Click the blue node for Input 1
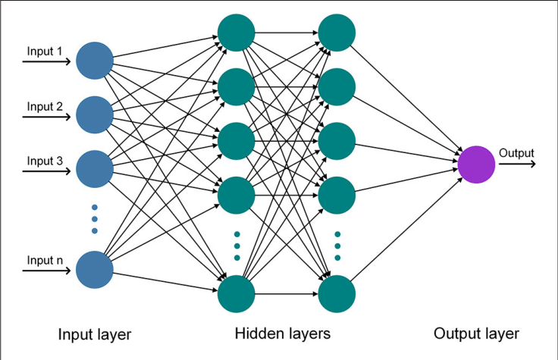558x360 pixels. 95,61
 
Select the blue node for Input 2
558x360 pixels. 95,115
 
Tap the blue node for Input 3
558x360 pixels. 95,169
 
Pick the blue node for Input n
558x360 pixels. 95,270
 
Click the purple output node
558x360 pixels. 476,164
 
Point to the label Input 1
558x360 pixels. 45,52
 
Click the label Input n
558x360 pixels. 45,260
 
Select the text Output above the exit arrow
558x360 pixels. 516,153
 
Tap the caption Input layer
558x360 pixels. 95,335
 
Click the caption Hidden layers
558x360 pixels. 283,333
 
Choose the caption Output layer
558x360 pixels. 476,334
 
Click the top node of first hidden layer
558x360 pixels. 237,33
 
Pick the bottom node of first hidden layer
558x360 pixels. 237,294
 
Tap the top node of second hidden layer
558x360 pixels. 337,33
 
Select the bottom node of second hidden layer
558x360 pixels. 337,294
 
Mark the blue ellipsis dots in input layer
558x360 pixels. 95,219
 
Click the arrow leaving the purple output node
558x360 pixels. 517,164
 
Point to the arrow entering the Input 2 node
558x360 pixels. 46,117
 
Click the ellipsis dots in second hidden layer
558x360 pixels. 337,246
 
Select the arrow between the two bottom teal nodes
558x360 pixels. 287,294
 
